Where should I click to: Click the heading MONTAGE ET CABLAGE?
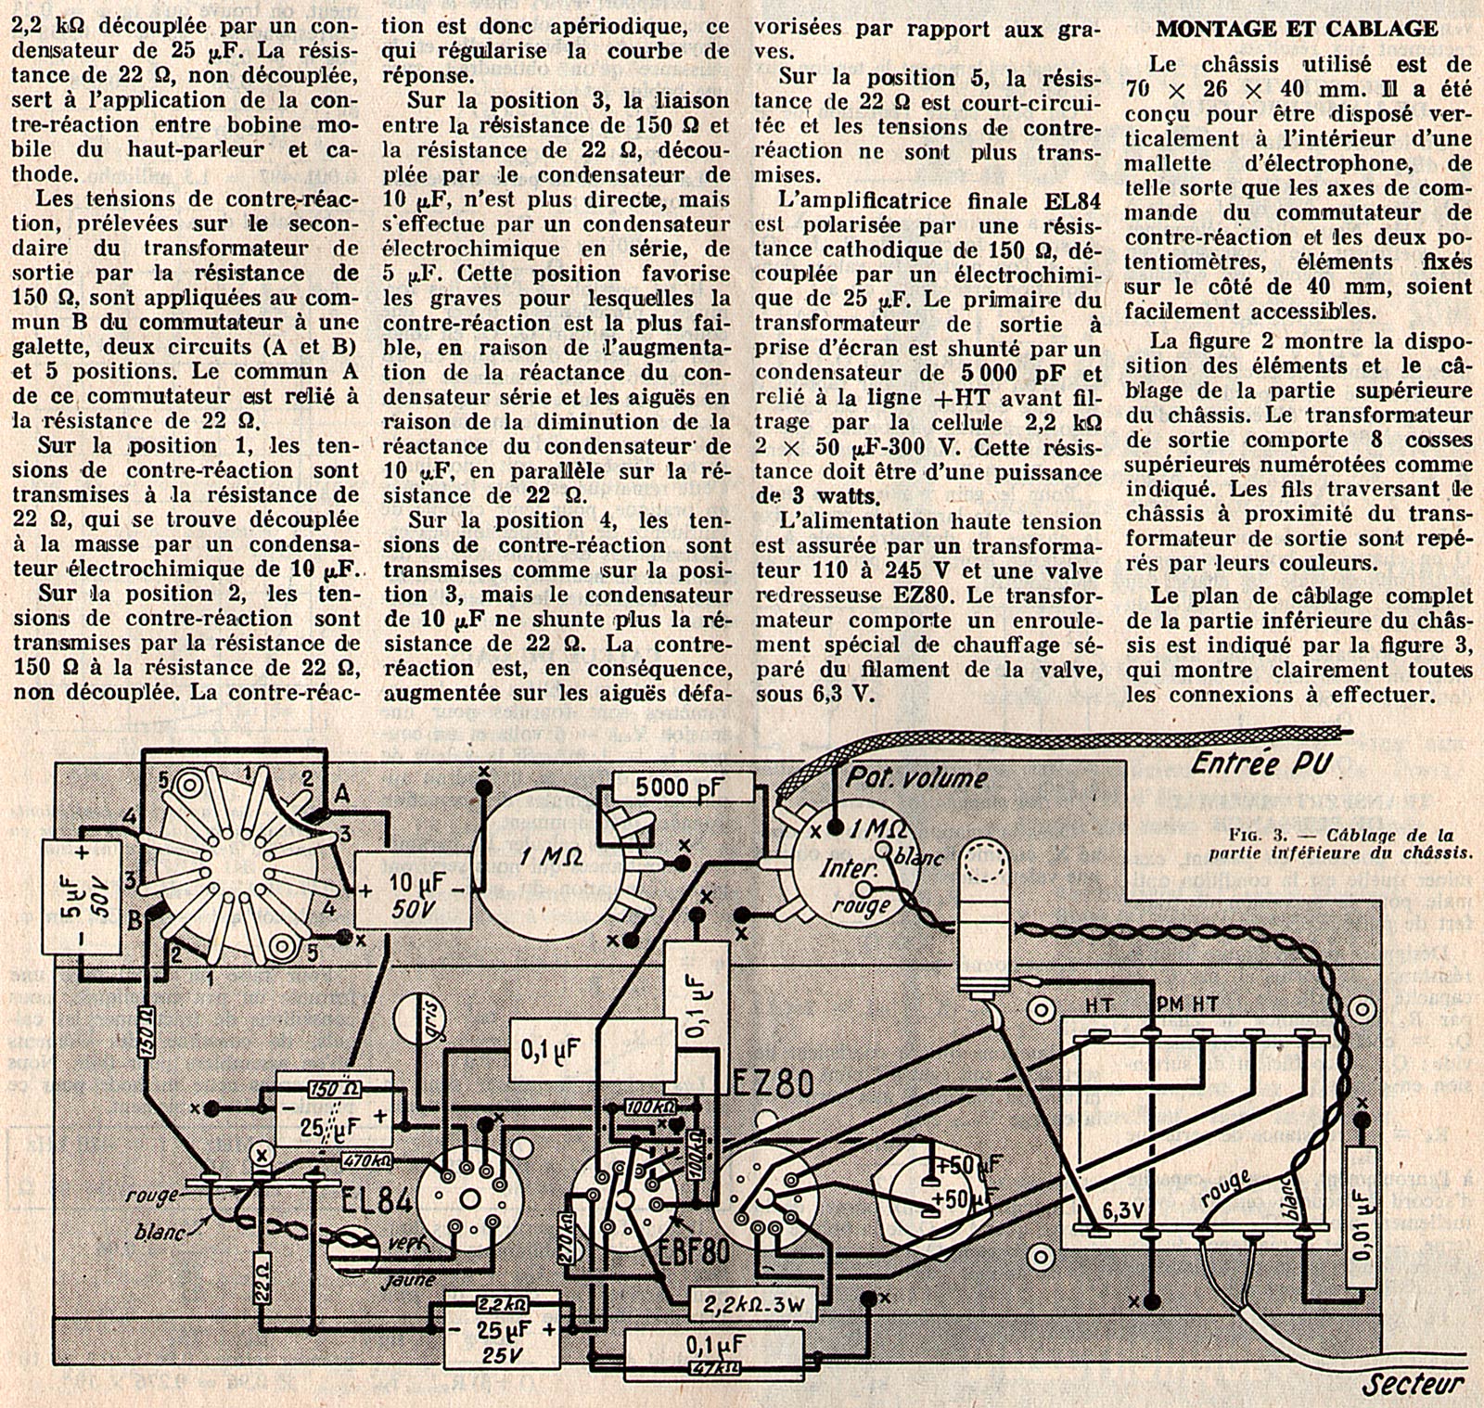click(1297, 29)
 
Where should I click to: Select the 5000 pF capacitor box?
click(683, 788)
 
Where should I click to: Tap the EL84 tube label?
click(372, 1200)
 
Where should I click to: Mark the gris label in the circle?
click(414, 1021)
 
